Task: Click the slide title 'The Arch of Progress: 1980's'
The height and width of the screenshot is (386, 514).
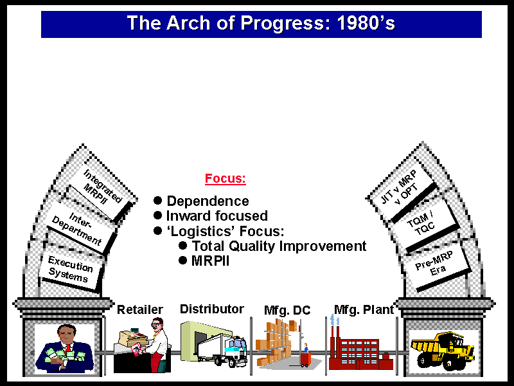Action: coord(261,23)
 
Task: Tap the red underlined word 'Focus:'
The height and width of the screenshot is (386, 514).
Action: coord(226,179)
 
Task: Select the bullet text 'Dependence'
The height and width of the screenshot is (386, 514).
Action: coord(208,201)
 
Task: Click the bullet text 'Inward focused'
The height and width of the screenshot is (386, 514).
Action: coord(217,216)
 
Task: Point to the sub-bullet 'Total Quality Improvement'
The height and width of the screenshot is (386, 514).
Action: coord(279,246)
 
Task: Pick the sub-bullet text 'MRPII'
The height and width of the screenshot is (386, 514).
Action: coord(210,261)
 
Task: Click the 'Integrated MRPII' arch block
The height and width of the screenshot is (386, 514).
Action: coord(102,188)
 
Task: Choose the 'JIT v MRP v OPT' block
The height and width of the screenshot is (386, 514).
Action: coord(402,190)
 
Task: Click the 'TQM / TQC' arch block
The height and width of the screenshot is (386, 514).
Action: coord(423,224)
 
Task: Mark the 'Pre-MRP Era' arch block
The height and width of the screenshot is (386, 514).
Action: coord(436,264)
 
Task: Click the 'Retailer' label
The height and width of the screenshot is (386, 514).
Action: coord(140,309)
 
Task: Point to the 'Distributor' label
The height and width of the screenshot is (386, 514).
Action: coord(212,309)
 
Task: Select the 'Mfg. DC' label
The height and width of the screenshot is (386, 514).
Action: coord(287,310)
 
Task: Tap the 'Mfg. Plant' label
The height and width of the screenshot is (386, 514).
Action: coord(364,309)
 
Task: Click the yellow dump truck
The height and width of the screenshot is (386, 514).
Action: coord(443,351)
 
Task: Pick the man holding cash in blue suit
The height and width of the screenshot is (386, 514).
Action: coord(65,349)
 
